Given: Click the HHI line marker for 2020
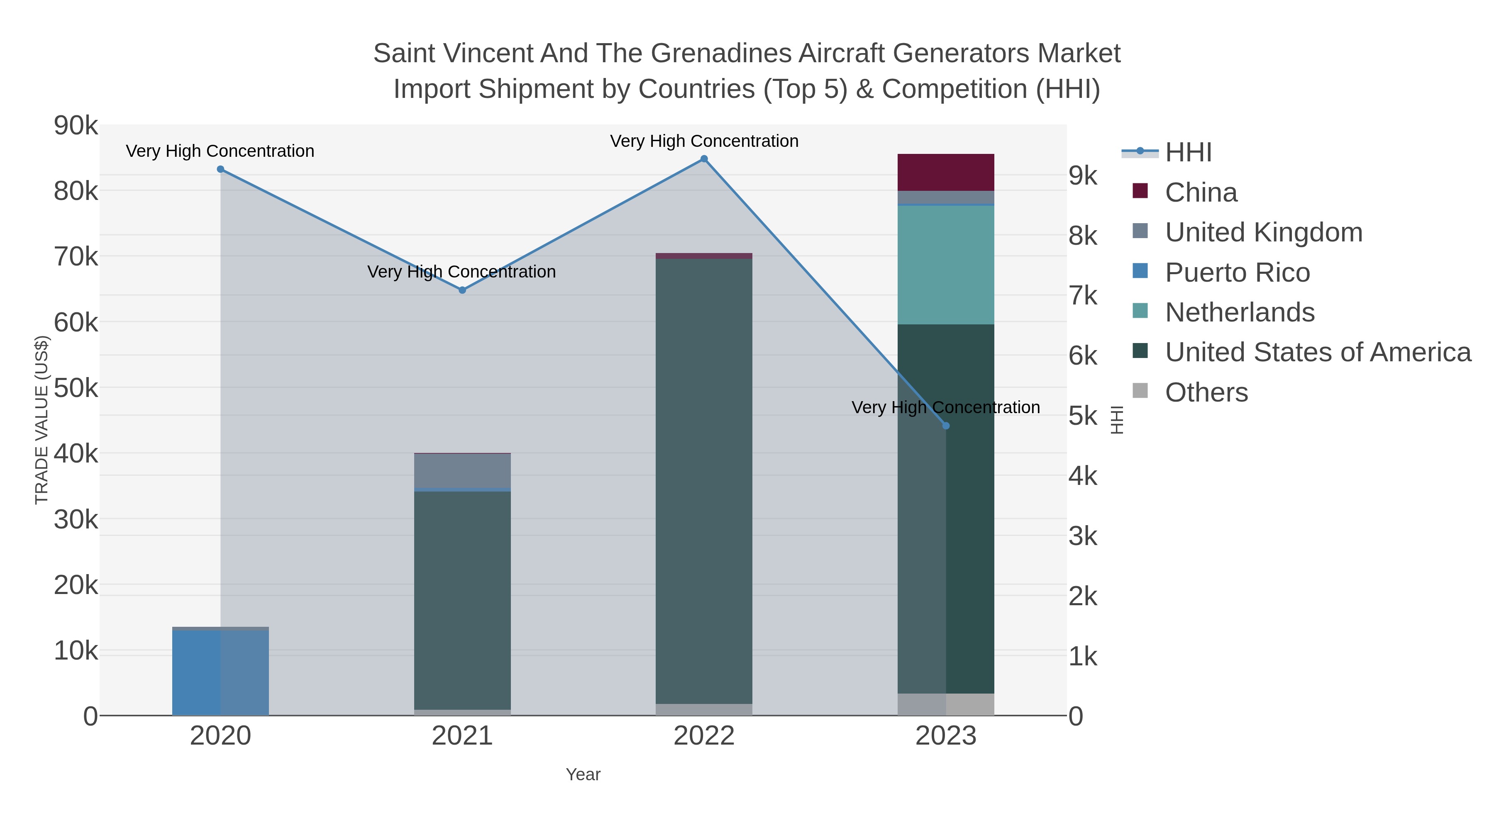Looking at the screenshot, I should (220, 169).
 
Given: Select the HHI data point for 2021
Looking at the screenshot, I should (462, 290).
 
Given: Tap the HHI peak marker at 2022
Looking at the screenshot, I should (704, 159).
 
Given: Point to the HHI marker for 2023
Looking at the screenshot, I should (946, 426).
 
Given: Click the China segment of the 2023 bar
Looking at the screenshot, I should (946, 172).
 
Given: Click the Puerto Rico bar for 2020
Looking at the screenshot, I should (220, 672).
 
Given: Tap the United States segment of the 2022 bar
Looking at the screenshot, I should (704, 481).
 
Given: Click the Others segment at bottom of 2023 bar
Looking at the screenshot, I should (946, 704).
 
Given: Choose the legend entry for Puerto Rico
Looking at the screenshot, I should (1237, 273).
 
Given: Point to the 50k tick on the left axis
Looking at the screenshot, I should (76, 388).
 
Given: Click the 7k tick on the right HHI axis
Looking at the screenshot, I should (1083, 296).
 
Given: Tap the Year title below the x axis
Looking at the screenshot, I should (583, 774).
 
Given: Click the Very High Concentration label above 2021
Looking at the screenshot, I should (461, 271).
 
